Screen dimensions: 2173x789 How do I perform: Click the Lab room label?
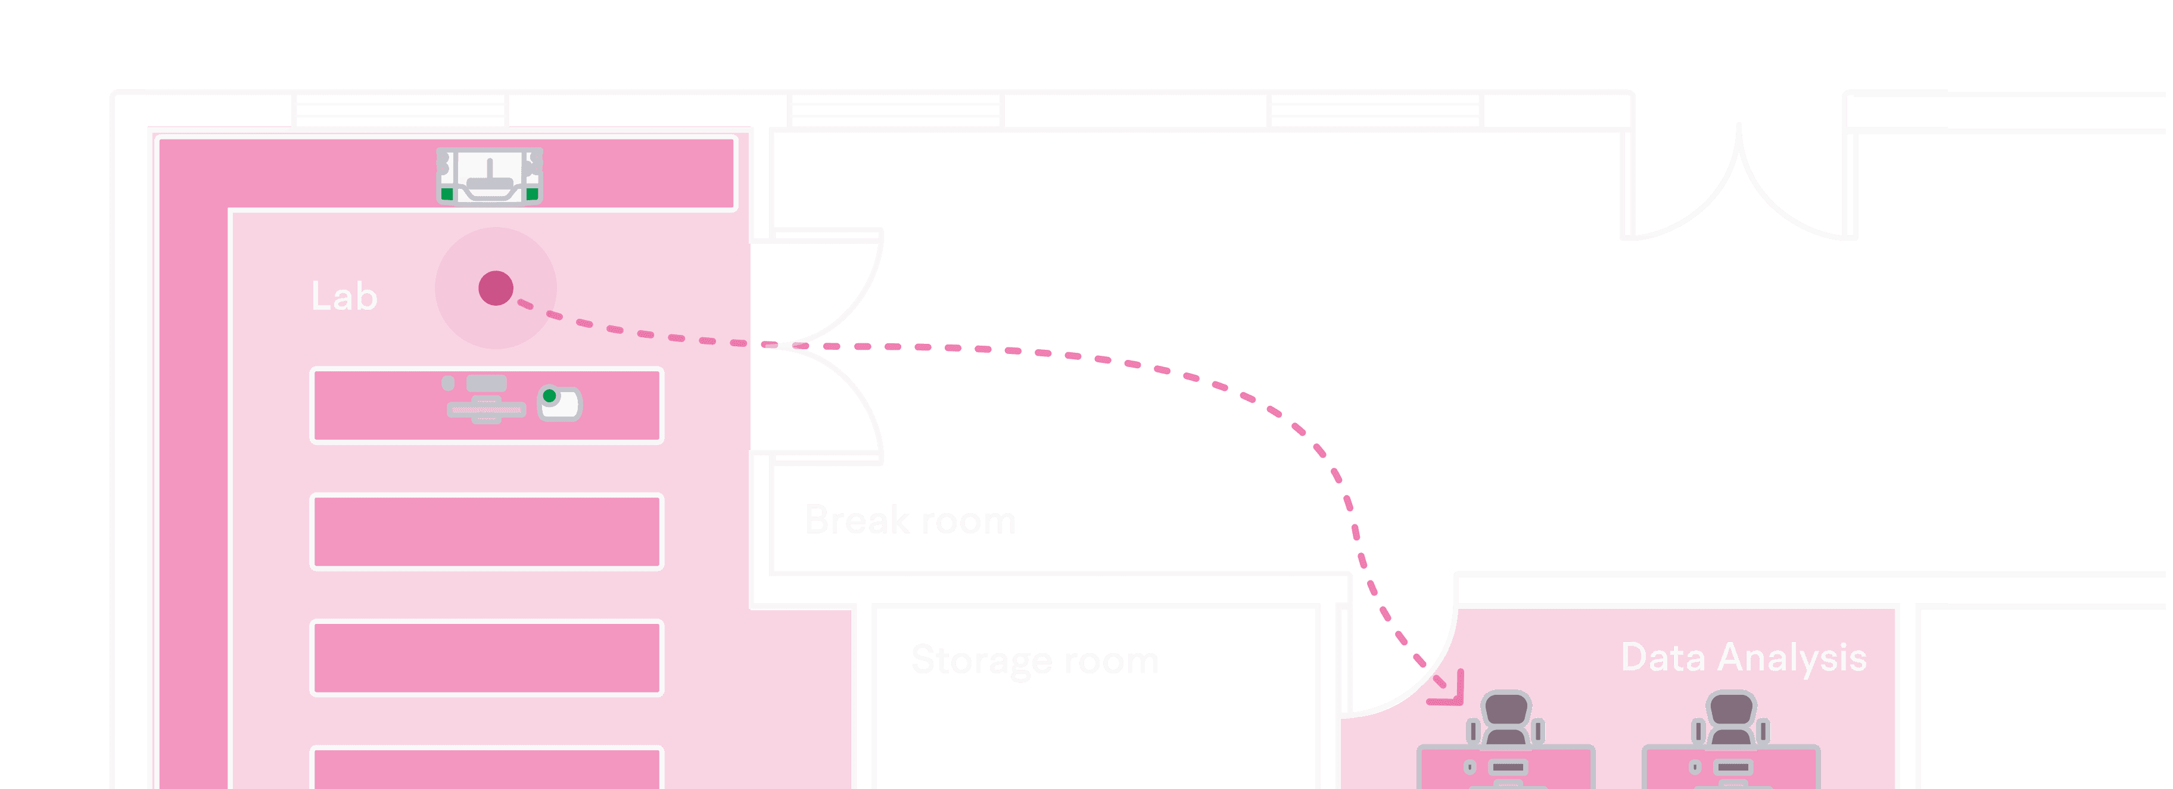click(x=344, y=297)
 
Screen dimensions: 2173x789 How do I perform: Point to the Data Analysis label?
click(x=1744, y=657)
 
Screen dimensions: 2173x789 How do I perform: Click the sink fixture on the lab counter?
click(x=489, y=176)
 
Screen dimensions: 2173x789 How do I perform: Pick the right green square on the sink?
click(x=533, y=194)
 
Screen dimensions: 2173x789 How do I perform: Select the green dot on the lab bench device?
click(x=549, y=396)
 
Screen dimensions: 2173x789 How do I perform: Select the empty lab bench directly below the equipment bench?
click(x=487, y=532)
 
